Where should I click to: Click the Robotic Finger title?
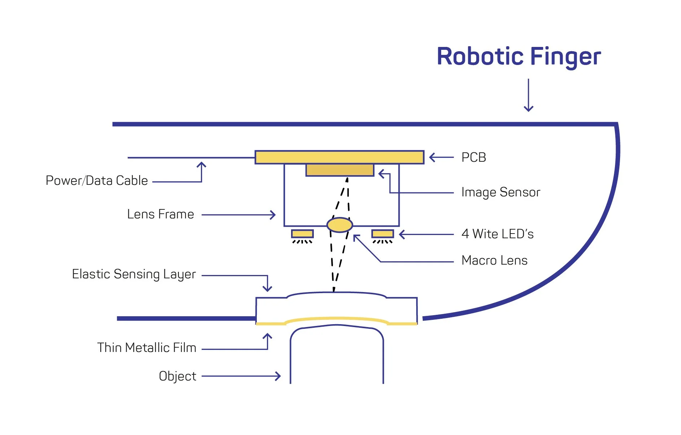tap(518, 57)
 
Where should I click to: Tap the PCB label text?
tap(474, 157)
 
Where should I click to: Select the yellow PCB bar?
tap(339, 157)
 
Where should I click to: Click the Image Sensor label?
tap(501, 192)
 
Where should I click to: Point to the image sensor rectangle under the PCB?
tap(339, 170)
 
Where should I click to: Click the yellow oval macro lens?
tap(339, 225)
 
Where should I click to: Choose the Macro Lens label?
tap(494, 260)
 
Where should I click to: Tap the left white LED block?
tap(302, 234)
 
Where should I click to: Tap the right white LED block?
tap(382, 234)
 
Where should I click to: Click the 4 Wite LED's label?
tap(497, 234)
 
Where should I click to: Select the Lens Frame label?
tap(161, 214)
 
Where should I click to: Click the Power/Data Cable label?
tap(97, 180)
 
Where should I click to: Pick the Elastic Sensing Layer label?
tap(134, 274)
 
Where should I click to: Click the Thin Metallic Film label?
tap(147, 348)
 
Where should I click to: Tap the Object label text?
tap(177, 376)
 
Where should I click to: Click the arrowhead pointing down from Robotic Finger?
tap(528, 109)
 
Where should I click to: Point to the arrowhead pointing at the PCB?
tap(431, 157)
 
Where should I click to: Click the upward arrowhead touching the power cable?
tap(201, 164)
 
